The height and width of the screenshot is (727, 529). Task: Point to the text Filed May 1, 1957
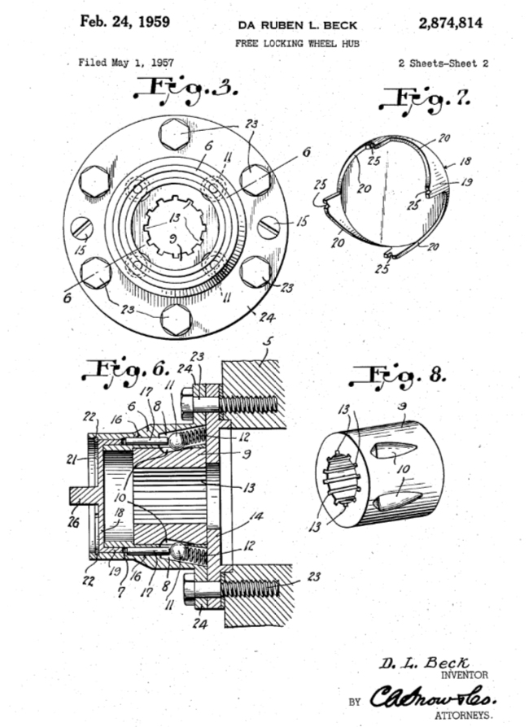(125, 63)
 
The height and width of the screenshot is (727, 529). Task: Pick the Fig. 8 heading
(394, 377)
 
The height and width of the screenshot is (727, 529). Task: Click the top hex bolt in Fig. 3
(175, 133)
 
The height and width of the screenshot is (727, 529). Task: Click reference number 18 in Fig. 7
(466, 163)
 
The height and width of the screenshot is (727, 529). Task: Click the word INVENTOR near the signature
(464, 674)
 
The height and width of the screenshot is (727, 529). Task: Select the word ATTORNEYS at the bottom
(462, 715)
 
